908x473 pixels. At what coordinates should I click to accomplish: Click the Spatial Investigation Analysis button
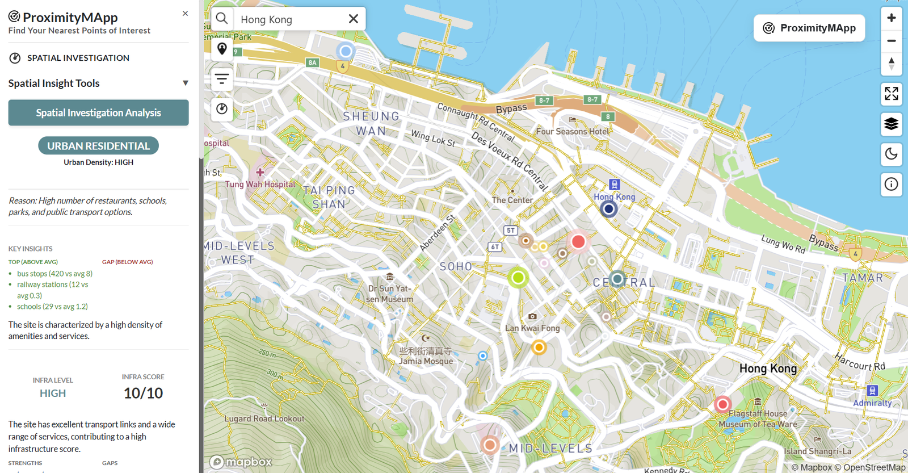98,112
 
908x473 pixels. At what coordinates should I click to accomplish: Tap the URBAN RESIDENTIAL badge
98,146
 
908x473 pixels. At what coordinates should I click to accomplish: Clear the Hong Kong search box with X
353,19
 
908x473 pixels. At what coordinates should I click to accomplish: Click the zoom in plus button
891,18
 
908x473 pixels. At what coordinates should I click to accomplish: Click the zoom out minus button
891,41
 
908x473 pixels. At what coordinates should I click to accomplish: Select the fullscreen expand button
891,94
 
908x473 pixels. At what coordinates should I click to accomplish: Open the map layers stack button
891,123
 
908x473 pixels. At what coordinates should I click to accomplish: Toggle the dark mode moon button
891,153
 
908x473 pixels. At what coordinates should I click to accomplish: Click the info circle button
891,184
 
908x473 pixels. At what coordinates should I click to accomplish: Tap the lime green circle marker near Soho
518,278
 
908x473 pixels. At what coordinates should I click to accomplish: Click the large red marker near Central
578,242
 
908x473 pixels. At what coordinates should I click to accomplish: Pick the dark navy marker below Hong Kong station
608,209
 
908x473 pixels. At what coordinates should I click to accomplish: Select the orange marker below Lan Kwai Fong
539,347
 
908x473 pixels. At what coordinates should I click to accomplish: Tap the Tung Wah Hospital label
260,184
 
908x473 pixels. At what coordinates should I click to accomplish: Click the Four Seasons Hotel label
573,131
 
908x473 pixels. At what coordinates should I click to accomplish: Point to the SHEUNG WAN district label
371,123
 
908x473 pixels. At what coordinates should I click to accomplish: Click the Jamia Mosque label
426,361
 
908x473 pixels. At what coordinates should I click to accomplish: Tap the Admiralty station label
872,402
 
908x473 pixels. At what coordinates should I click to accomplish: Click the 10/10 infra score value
143,393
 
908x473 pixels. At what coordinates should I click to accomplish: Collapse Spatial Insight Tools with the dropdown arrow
185,83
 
